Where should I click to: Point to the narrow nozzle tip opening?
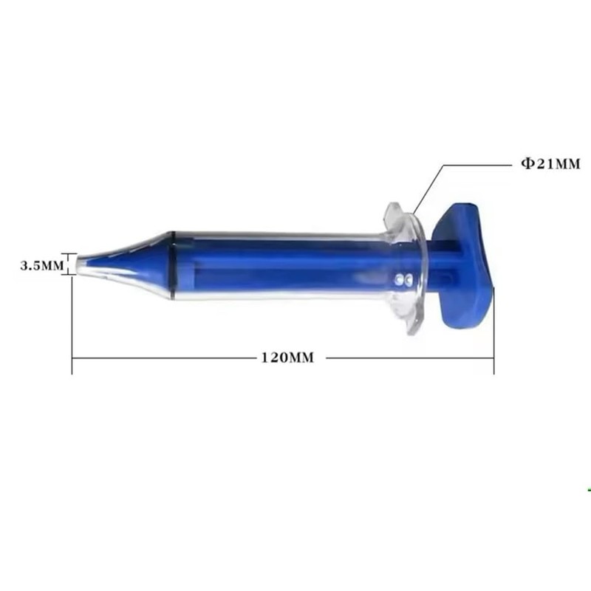(79, 264)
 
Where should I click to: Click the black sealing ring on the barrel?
(172, 265)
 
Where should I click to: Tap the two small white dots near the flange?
(402, 279)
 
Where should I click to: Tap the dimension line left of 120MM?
(163, 358)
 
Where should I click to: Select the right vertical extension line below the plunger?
(493, 332)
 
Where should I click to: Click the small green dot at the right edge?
(589, 489)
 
